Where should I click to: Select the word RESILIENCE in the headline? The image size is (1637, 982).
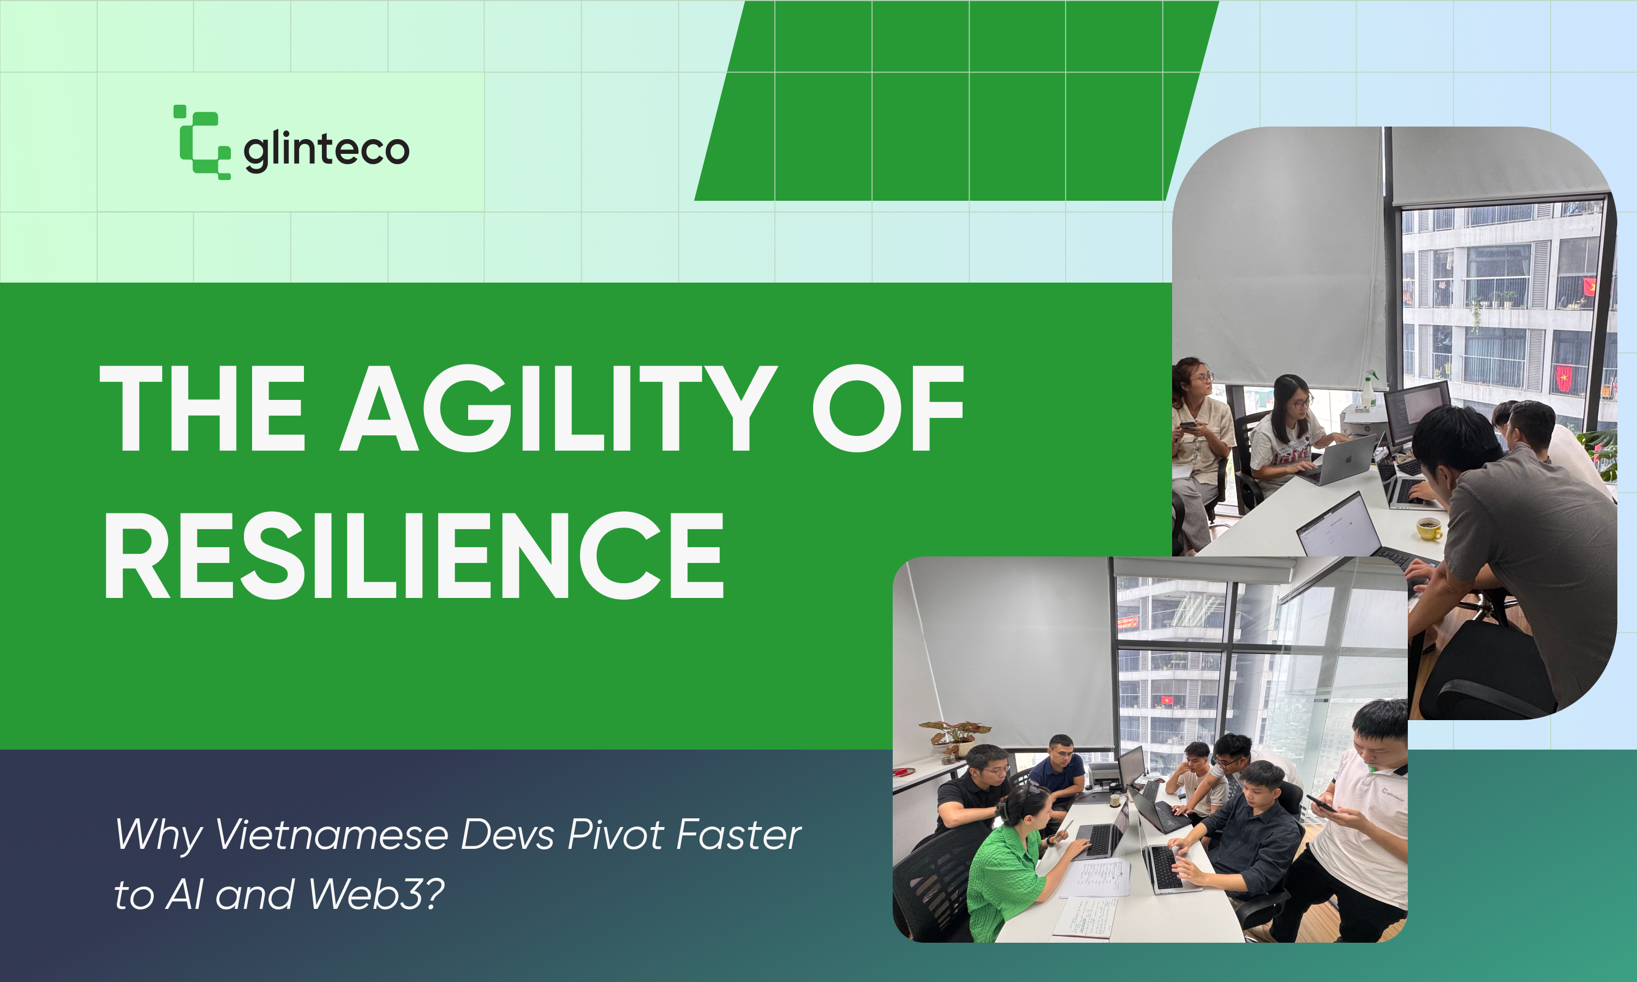[x=414, y=555]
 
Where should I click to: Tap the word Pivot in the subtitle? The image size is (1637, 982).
[x=616, y=835]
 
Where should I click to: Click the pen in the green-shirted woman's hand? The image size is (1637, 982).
[x=1065, y=827]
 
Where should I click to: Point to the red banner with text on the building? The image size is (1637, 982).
[x=1128, y=621]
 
